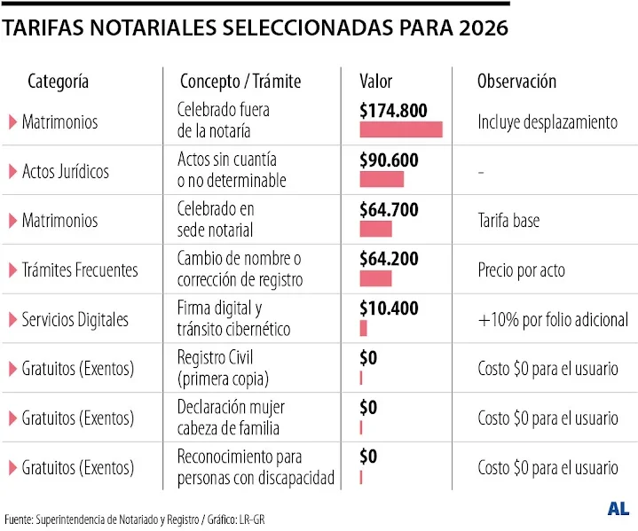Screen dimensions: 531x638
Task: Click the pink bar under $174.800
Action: tap(401, 130)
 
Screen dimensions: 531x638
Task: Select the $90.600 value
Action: tap(390, 160)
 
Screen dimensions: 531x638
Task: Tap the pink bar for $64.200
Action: tap(375, 278)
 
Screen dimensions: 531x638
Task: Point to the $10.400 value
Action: tap(390, 308)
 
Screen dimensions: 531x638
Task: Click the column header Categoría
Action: tap(59, 82)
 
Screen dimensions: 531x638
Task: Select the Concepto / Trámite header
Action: tap(240, 82)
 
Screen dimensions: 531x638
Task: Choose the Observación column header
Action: tap(516, 82)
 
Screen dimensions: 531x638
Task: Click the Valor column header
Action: tap(375, 82)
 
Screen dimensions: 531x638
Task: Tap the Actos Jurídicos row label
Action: tap(66, 171)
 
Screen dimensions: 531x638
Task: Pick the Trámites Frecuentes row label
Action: tap(80, 269)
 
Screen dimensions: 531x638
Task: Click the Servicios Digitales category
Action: tap(75, 319)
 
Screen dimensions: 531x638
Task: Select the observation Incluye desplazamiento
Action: tap(547, 122)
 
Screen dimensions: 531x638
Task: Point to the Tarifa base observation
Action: tap(508, 221)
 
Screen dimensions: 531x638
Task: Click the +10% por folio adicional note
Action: tap(552, 319)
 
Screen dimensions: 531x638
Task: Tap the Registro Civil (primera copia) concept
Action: tap(223, 369)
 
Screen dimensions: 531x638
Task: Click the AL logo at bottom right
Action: tap(618, 509)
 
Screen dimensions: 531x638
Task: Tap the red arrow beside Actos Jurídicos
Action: tap(12, 171)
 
